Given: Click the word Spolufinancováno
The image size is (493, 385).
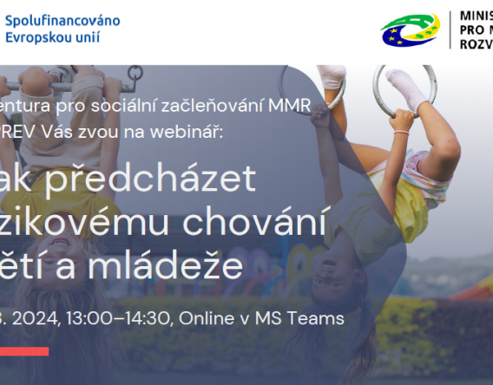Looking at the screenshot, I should tap(62, 20).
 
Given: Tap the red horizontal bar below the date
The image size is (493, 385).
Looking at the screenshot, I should tap(23, 350).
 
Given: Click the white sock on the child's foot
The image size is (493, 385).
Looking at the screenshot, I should tap(405, 87).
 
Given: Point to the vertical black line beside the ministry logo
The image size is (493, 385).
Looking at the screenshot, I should tap(449, 29).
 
